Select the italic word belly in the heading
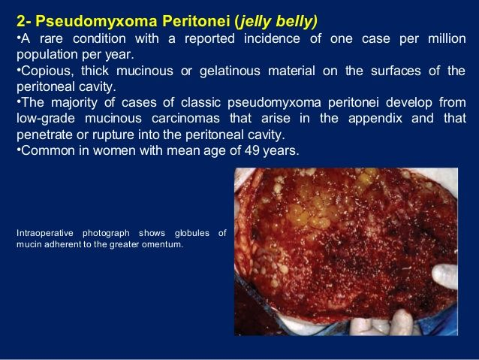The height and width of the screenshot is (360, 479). (x=294, y=22)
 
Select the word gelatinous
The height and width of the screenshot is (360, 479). (x=230, y=71)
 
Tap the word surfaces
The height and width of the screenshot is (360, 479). (x=396, y=71)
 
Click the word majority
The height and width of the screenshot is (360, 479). (x=74, y=103)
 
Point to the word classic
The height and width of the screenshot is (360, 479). (x=200, y=102)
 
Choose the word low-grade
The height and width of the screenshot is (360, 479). (x=46, y=119)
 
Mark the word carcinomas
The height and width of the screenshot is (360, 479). (x=185, y=118)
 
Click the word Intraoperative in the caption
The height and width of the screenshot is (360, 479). (x=45, y=234)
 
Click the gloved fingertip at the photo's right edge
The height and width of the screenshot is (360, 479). (x=445, y=276)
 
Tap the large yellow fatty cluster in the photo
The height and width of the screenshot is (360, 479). (x=309, y=211)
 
